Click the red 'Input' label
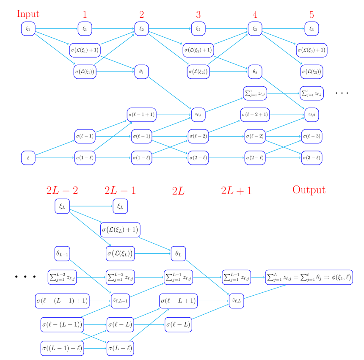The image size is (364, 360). [x=28, y=14]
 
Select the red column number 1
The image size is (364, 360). [x=85, y=15]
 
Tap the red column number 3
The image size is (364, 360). [x=198, y=15]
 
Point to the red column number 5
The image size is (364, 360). [x=312, y=15]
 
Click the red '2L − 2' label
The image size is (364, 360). [x=62, y=190]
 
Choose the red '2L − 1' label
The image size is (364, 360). [x=120, y=190]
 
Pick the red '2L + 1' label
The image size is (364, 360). [x=236, y=190]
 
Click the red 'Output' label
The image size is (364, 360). [x=309, y=190]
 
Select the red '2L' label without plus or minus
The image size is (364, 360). [x=178, y=191]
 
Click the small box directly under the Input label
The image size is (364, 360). [x=28, y=29]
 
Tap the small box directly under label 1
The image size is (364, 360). [x=85, y=29]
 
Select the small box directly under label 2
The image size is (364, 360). [x=141, y=29]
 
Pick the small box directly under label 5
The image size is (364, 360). [x=312, y=29]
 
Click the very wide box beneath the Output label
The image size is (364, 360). [x=309, y=277]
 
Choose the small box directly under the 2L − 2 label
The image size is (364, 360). [x=62, y=206]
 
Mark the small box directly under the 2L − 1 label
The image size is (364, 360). [x=120, y=206]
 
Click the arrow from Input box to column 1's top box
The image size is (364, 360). [x=56, y=29]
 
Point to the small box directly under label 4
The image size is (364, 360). [x=255, y=29]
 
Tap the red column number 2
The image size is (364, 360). [x=141, y=15]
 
